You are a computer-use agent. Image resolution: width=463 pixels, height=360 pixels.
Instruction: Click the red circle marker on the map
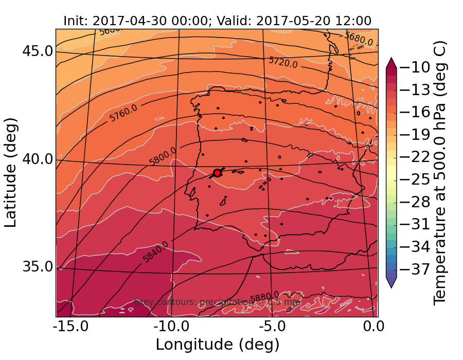click(x=217, y=173)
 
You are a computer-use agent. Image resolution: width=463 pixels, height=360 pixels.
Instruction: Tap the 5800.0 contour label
click(x=163, y=156)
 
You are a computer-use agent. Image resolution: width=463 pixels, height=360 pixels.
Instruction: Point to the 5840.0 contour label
click(x=156, y=252)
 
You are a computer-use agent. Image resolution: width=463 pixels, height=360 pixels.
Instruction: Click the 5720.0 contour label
click(x=283, y=63)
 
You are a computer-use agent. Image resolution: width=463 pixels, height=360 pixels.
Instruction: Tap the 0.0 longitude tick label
click(x=370, y=327)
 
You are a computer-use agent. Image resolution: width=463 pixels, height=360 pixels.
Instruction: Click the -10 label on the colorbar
click(x=417, y=67)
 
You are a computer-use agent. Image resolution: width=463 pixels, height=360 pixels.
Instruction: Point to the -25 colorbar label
click(x=417, y=179)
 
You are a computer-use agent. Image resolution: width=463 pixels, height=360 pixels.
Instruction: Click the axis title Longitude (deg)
click(x=218, y=344)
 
